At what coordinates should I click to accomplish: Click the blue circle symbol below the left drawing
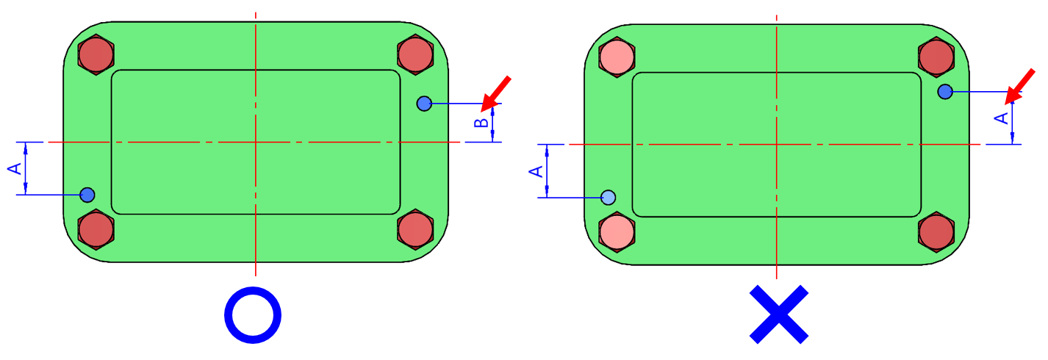pos(253,314)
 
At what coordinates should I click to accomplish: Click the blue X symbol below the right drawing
pos(779,314)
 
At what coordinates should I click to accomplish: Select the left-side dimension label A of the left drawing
pos(15,168)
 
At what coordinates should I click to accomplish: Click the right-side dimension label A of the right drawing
pos(1000,118)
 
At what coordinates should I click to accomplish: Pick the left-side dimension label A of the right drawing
pos(536,170)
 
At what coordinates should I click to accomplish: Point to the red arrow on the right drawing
pos(1021,84)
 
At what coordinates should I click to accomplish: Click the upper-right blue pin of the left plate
pos(424,104)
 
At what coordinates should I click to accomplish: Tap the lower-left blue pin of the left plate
pos(87,195)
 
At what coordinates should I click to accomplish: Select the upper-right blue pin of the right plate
pos(945,92)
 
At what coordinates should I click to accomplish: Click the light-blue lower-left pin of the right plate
pos(609,197)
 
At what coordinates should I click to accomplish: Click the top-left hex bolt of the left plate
pos(96,54)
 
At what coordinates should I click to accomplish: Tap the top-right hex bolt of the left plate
pos(415,54)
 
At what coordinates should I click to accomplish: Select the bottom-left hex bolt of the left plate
pos(96,229)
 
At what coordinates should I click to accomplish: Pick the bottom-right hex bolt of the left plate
pos(415,229)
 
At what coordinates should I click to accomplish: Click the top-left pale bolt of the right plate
pos(617,57)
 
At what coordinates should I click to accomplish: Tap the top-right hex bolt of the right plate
pos(936,57)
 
